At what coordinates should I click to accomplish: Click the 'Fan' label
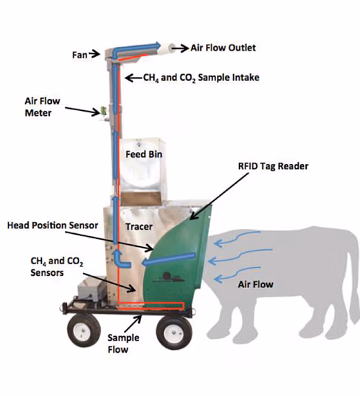(80, 55)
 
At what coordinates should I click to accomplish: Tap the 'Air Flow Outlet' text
(223, 48)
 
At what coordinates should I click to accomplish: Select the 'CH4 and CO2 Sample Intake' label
(201, 78)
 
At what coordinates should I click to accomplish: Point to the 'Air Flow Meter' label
(42, 107)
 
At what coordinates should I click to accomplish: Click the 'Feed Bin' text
(144, 154)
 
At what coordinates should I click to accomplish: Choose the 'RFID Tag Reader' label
(273, 166)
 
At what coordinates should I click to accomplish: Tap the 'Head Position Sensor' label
(53, 225)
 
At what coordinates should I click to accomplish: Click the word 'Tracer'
(139, 227)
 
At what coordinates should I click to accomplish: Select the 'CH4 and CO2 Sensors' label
(57, 266)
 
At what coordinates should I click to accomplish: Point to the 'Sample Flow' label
(123, 343)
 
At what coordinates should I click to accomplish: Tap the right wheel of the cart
(174, 333)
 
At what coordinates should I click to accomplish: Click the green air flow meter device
(104, 110)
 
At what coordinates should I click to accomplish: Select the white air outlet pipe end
(167, 48)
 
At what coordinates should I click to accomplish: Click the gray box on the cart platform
(91, 289)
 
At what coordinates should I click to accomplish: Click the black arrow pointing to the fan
(94, 53)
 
